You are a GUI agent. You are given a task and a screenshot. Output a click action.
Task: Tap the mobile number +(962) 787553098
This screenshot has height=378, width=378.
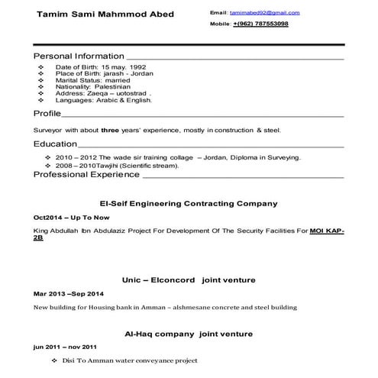click(260, 24)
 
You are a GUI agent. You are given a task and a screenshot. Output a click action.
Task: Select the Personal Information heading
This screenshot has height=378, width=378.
click(79, 57)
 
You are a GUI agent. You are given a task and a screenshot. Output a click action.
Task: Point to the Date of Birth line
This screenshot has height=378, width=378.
click(100, 67)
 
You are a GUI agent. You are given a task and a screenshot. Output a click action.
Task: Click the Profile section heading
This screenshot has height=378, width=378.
click(47, 113)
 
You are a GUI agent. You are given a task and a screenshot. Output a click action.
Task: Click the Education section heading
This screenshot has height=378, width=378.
click(55, 144)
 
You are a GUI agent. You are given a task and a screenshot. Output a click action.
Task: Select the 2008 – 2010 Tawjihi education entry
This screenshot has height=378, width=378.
click(117, 165)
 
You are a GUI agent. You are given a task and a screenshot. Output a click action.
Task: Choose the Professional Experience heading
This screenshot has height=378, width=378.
click(86, 175)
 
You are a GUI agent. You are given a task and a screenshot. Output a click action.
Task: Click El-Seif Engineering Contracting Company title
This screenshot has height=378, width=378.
click(189, 204)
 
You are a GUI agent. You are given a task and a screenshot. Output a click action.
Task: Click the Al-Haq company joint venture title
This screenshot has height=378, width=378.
click(189, 334)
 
